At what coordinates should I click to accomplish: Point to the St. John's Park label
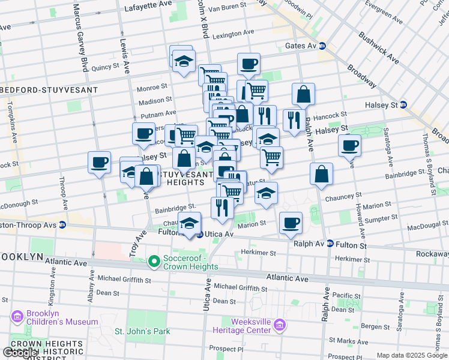[x=143, y=331]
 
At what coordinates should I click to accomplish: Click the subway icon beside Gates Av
[x=322, y=46]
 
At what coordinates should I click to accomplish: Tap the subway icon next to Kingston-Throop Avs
[x=62, y=225]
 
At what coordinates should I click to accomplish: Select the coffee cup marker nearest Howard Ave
[x=349, y=145]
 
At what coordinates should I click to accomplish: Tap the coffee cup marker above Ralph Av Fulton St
[x=291, y=223]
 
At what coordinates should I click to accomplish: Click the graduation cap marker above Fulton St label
[x=190, y=223]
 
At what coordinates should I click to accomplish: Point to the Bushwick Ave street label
[x=379, y=49]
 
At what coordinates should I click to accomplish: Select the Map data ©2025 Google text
[x=412, y=355]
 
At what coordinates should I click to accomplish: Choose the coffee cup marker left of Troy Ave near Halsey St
[x=99, y=161]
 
